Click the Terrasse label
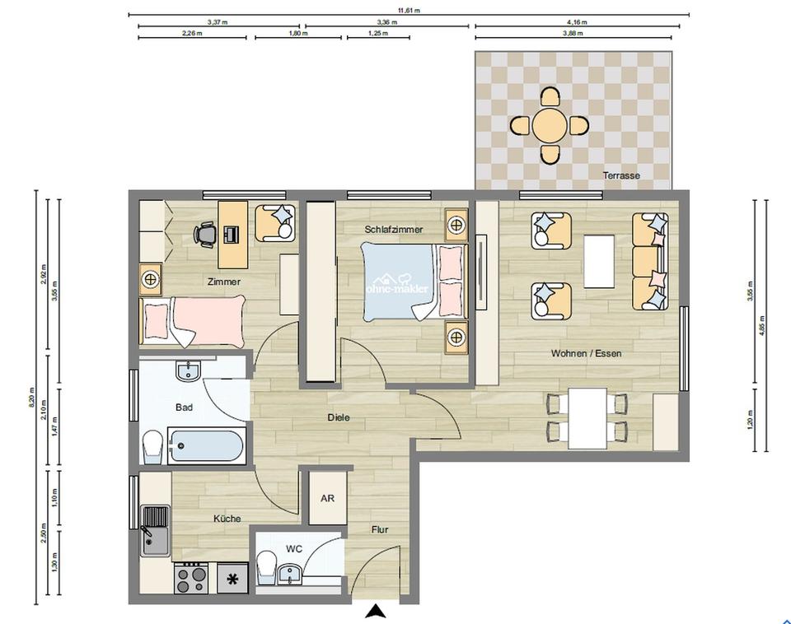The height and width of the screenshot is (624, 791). click(620, 175)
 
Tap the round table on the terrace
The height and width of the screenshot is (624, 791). click(549, 126)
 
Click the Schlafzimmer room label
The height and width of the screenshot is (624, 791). click(394, 229)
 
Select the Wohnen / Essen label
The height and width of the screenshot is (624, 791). click(586, 353)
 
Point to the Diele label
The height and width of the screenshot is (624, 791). click(338, 417)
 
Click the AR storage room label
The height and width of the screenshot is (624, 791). click(327, 499)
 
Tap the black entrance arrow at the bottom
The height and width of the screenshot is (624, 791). click(376, 611)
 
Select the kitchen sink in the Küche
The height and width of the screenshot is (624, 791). click(154, 530)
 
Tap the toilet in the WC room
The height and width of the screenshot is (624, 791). click(267, 566)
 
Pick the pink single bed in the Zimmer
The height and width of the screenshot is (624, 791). click(193, 321)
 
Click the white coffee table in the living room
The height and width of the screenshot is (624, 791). click(599, 261)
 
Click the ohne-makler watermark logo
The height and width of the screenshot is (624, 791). click(397, 284)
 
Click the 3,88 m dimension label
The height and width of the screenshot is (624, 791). click(573, 34)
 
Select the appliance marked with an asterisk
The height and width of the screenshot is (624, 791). click(233, 579)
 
